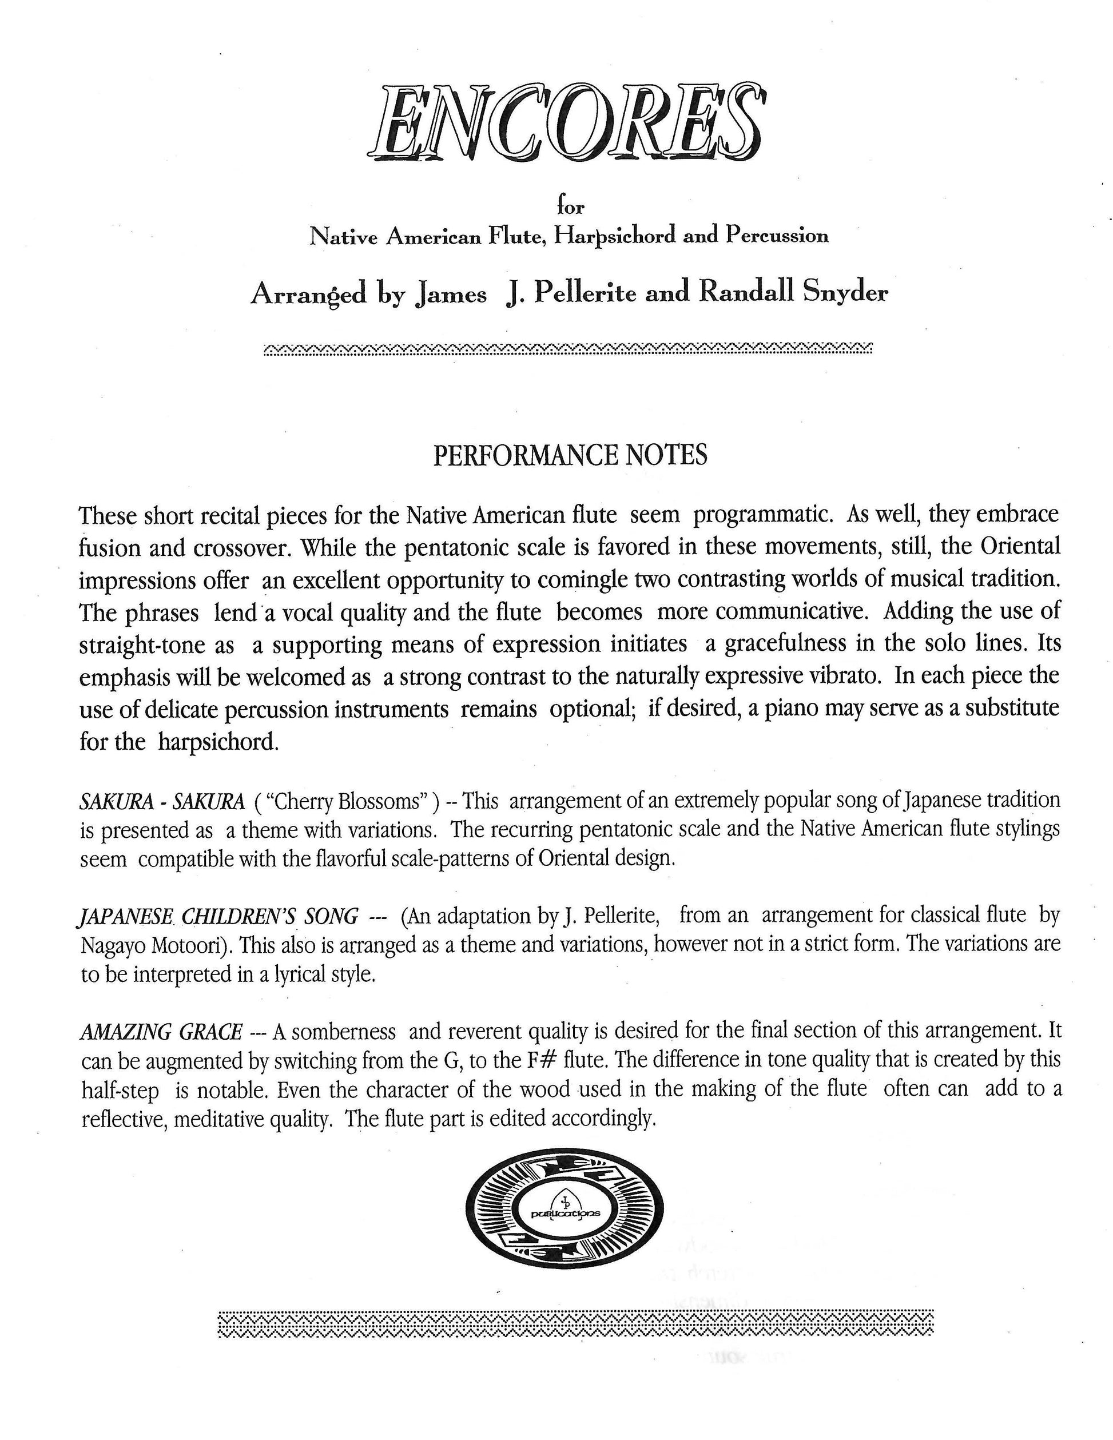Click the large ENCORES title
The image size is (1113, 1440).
[x=566, y=124]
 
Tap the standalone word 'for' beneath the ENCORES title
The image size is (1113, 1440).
[x=570, y=206]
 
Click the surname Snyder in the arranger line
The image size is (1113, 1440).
[x=845, y=292]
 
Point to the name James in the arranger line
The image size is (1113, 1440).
[x=452, y=293]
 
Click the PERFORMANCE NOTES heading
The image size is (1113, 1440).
[x=570, y=455]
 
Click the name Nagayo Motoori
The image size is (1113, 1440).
[x=156, y=945]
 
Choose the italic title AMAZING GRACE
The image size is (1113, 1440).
[x=161, y=1031]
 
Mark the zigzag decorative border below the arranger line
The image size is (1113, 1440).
[x=567, y=349]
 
